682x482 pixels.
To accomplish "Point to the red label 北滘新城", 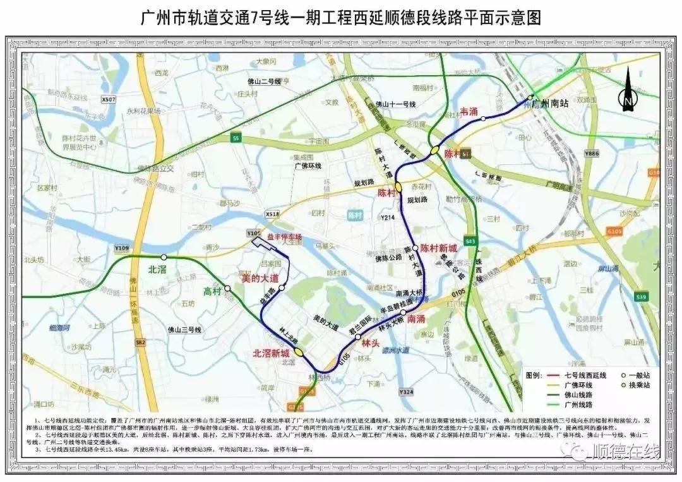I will click(x=272, y=353).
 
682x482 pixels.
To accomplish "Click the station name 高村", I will click(x=212, y=292).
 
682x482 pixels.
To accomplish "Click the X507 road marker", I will click(x=109, y=100).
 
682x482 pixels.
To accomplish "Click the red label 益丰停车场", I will click(x=284, y=237).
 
